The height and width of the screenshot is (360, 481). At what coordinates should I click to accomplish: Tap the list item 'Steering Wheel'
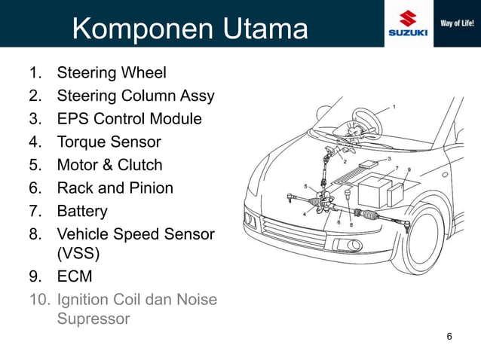pyautogui.click(x=112, y=73)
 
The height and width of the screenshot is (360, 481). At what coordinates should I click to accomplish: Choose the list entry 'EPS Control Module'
pyautogui.click(x=129, y=119)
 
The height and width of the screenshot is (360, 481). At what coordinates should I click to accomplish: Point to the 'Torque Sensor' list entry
pyautogui.click(x=109, y=142)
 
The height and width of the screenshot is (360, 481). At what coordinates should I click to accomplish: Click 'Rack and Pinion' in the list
pyautogui.click(x=115, y=188)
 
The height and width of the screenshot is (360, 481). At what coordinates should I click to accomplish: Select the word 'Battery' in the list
pyautogui.click(x=82, y=211)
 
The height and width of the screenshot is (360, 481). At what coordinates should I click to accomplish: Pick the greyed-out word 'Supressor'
pyautogui.click(x=93, y=319)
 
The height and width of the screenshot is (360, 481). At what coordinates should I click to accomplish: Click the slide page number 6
pyautogui.click(x=449, y=336)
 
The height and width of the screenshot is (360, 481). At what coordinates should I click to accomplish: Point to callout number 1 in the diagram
pyautogui.click(x=394, y=107)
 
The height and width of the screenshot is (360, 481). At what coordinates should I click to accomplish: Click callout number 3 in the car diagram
pyautogui.click(x=388, y=158)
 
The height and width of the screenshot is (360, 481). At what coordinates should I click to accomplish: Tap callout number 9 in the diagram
pyautogui.click(x=409, y=169)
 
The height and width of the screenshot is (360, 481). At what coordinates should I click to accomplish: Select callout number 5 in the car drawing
pyautogui.click(x=305, y=185)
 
